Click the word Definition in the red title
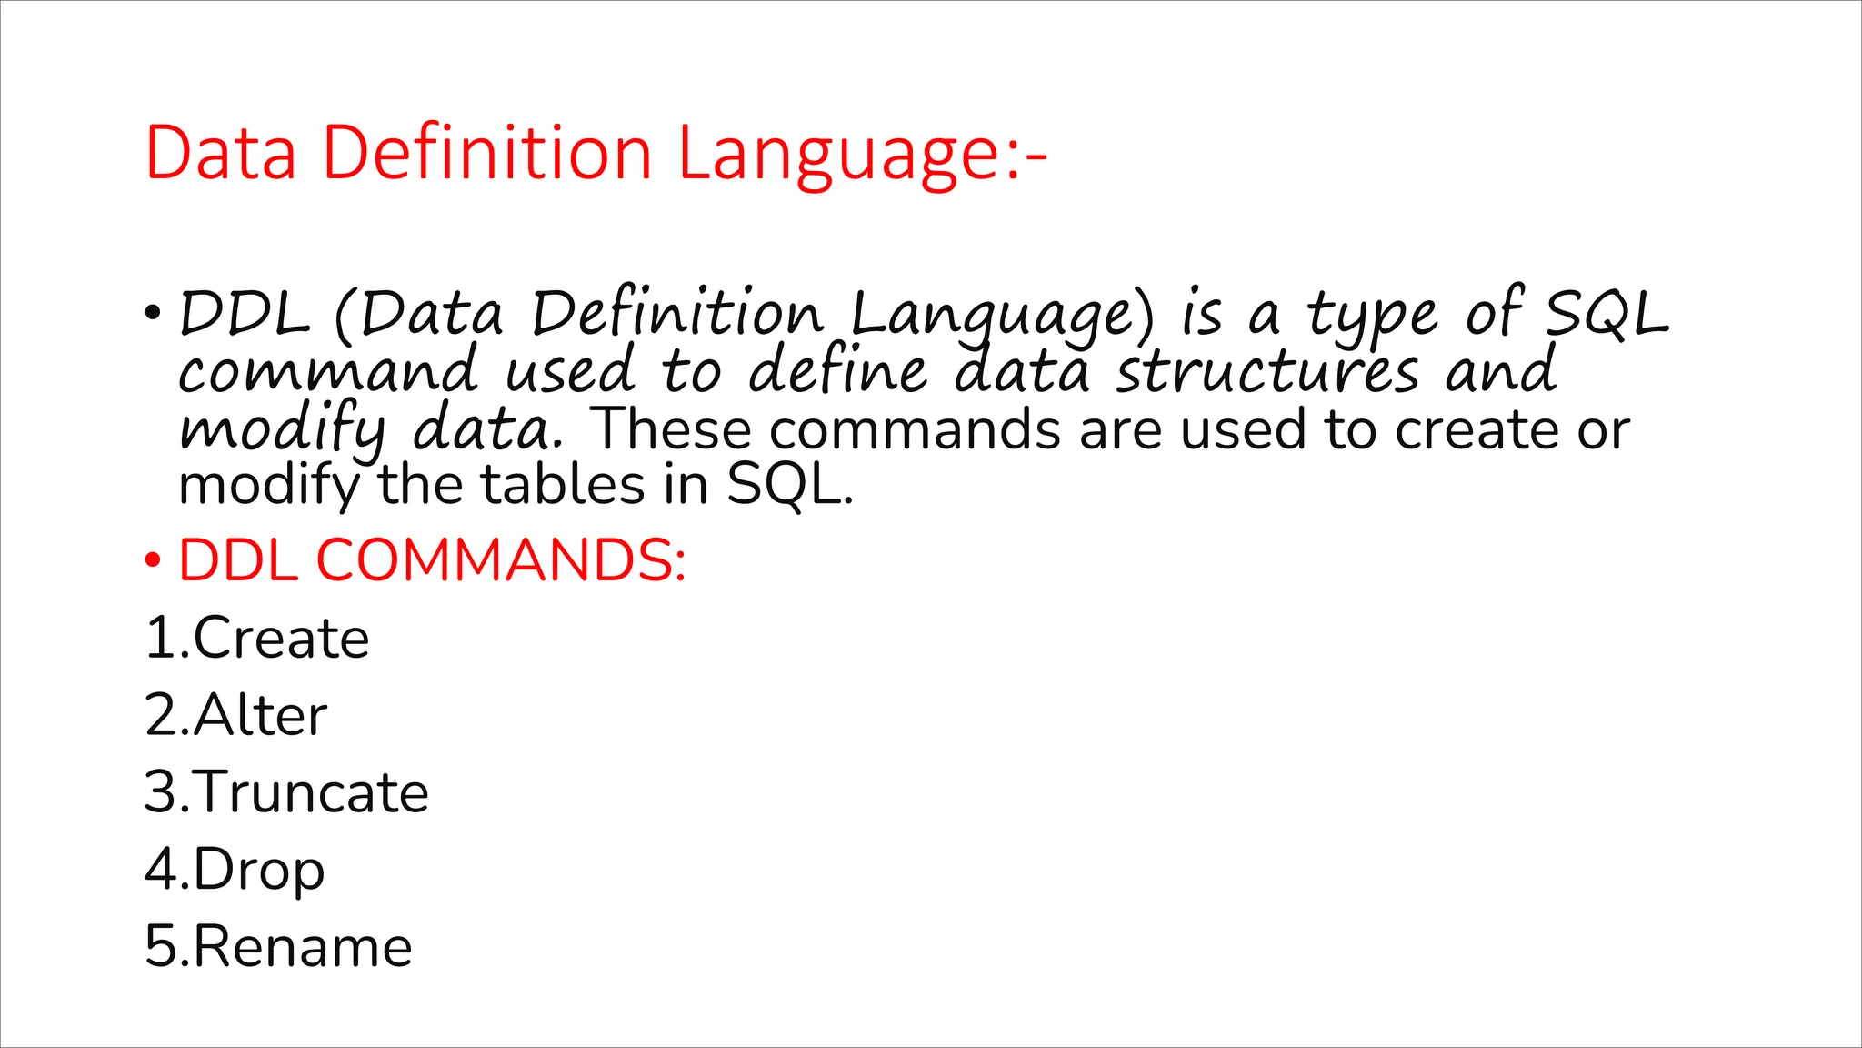pyautogui.click(x=487, y=153)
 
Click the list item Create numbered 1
pyautogui.click(x=281, y=638)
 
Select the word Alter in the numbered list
pyautogui.click(x=260, y=715)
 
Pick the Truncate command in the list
pyautogui.click(x=310, y=792)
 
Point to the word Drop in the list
pyautogui.click(x=258, y=871)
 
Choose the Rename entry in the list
pyautogui.click(x=303, y=947)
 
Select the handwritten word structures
pyautogui.click(x=1267, y=373)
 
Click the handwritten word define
pyautogui.click(x=837, y=373)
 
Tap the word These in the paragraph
pyautogui.click(x=670, y=429)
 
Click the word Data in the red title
pyautogui.click(x=221, y=153)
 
